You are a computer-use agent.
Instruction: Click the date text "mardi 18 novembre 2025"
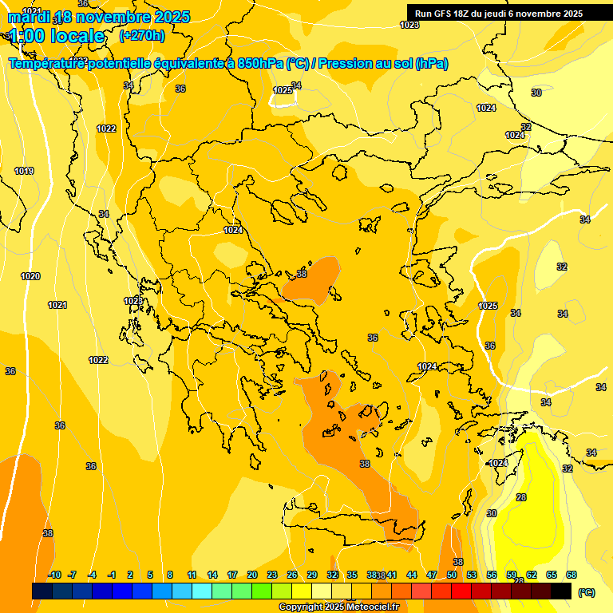coord(99,17)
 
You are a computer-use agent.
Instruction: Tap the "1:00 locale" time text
coord(57,36)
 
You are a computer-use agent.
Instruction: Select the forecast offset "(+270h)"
coord(142,35)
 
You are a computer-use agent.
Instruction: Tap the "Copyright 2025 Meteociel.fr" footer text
coord(338,607)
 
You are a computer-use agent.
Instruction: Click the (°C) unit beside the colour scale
coord(586,592)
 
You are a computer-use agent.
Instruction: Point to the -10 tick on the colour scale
coord(54,575)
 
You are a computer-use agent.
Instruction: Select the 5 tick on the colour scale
coord(151,575)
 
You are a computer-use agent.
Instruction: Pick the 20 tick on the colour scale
coord(251,575)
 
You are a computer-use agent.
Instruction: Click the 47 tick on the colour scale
coord(431,575)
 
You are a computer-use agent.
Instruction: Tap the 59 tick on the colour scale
coord(511,575)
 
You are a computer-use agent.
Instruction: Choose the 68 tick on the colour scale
coord(571,575)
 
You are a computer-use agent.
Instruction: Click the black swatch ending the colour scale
coord(561,591)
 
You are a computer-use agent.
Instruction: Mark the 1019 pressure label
coord(24,171)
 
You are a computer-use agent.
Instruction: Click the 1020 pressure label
coord(30,276)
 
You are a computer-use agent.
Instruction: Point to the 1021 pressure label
coord(57,305)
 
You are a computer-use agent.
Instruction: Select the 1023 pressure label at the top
coord(409,25)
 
